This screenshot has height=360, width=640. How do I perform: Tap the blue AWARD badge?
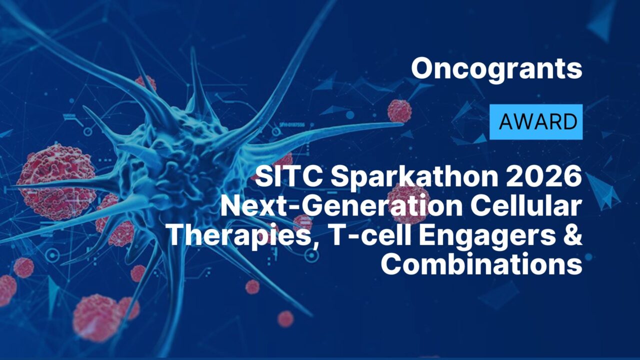[536, 121]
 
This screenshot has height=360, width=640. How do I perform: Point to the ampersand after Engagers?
[573, 235]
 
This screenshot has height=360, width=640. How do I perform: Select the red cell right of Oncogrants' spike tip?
[399, 111]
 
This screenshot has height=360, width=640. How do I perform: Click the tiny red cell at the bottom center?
[285, 318]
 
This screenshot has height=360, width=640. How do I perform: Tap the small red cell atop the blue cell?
[145, 83]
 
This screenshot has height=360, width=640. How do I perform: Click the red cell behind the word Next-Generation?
[407, 202]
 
